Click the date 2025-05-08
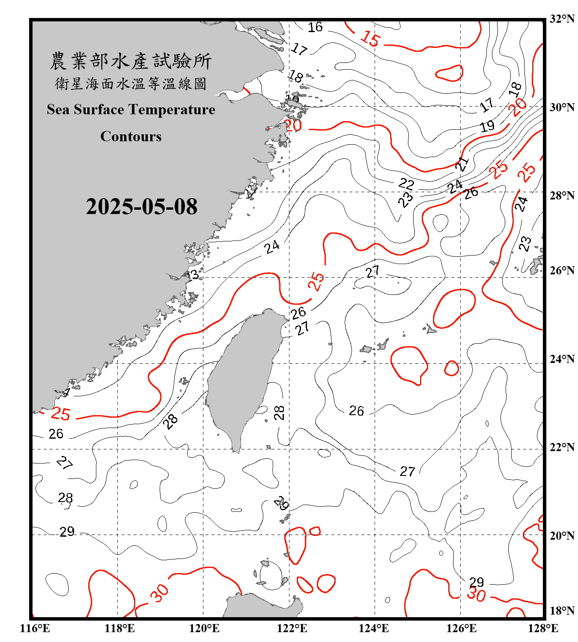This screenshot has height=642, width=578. coord(141,207)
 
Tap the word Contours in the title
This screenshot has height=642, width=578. coord(131,136)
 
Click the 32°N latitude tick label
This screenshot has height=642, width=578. coord(562,19)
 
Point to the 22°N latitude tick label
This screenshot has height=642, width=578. coord(562,447)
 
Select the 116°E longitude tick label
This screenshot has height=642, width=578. coord(35,628)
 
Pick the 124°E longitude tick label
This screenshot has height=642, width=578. coord(374,628)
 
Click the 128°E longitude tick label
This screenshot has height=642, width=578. coord(543,628)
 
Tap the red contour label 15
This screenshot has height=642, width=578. coord(370,39)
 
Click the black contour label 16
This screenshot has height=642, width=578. coord(315,27)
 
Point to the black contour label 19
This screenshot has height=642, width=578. coord(487,126)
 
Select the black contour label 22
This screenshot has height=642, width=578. coord(406,184)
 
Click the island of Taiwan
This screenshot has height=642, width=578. coord(242,377)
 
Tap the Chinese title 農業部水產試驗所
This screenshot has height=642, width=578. coord(131,61)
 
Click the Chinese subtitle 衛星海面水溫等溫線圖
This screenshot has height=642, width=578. coord(131,83)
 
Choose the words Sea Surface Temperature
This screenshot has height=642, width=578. coord(131,110)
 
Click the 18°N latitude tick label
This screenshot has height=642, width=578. coord(562,611)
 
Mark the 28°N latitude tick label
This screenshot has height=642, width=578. coord(562,196)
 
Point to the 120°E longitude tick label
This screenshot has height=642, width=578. coord(204,628)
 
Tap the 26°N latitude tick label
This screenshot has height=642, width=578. coord(562,270)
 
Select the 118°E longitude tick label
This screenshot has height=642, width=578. coord(119,628)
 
